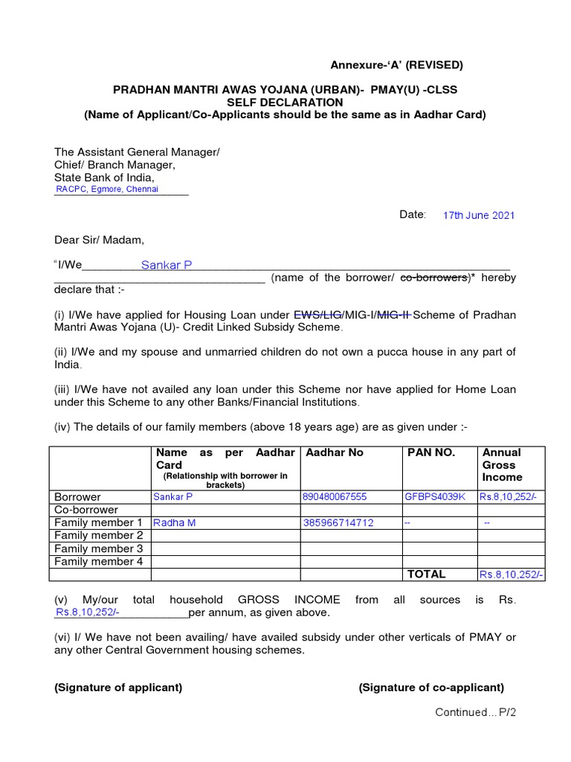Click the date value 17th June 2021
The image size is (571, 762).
tap(478, 215)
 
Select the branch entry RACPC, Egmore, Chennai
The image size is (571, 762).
tap(107, 189)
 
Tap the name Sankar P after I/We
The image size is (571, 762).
tap(167, 265)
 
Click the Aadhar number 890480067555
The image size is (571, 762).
tap(334, 497)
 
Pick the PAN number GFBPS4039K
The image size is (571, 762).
tap(435, 497)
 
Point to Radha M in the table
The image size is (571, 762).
tap(174, 523)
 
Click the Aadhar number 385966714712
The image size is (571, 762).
tap(338, 523)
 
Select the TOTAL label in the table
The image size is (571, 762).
tap(426, 574)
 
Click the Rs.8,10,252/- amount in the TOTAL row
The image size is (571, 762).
tap(512, 574)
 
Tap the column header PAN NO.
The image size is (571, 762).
tap(430, 452)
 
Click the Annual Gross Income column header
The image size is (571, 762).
tap(503, 464)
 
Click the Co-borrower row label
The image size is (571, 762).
tap(86, 510)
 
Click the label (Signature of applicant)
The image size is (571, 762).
tap(118, 688)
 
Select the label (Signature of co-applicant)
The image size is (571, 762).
tap(431, 688)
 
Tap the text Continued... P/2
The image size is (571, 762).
tap(475, 712)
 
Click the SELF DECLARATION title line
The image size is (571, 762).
tap(285, 102)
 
